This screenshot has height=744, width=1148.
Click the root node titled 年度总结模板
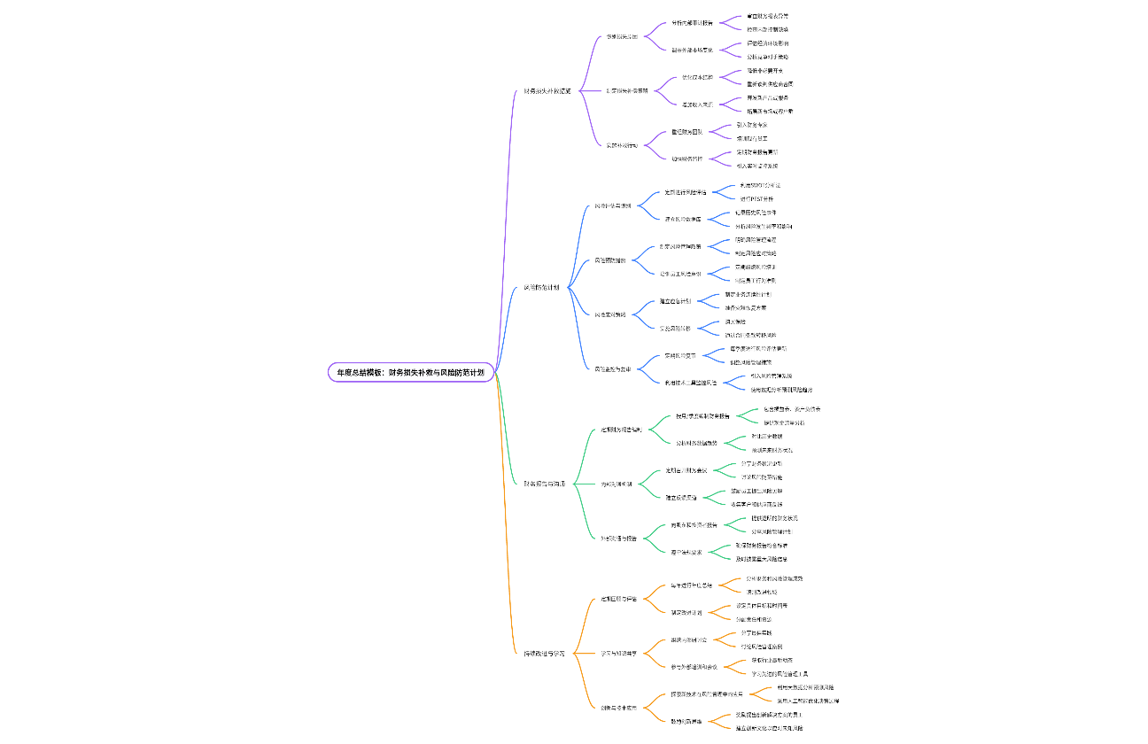point(411,373)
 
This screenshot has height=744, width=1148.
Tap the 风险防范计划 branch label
point(541,287)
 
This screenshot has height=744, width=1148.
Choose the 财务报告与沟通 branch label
point(545,484)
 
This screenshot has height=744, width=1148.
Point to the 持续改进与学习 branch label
point(544,653)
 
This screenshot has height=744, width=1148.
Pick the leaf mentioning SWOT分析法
point(760,185)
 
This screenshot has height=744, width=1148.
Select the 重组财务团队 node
point(686,132)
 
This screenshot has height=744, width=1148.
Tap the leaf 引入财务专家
point(752,125)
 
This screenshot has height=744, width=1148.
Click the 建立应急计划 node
point(675,301)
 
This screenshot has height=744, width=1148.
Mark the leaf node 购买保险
point(734,322)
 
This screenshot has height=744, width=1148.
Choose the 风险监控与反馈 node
point(612,368)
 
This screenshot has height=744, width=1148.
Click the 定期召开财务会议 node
point(687,470)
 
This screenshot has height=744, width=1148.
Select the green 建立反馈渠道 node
point(681,497)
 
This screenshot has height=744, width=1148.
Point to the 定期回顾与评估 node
point(618,599)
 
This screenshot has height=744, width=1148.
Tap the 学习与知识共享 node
point(618,653)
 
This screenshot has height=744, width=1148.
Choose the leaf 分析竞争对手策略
point(761,57)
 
